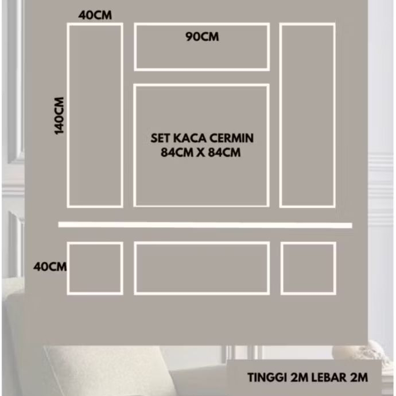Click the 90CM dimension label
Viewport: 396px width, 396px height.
click(202, 37)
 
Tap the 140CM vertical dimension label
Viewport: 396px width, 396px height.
click(60, 115)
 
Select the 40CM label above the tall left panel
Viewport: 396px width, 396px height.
click(95, 15)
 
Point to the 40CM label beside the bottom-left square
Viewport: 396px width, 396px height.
click(50, 267)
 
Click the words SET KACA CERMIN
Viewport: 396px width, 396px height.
click(201, 139)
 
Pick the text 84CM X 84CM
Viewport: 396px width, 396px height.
click(201, 153)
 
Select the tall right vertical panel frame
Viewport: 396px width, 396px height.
click(308, 115)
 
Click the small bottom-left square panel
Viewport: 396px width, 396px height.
click(95, 268)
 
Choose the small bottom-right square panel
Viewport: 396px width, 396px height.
click(308, 268)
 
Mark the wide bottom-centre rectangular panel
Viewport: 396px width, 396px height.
click(201, 268)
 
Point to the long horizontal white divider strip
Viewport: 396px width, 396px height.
click(205, 225)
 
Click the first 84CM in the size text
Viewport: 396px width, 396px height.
click(176, 153)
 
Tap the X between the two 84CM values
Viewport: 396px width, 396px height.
click(201, 153)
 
